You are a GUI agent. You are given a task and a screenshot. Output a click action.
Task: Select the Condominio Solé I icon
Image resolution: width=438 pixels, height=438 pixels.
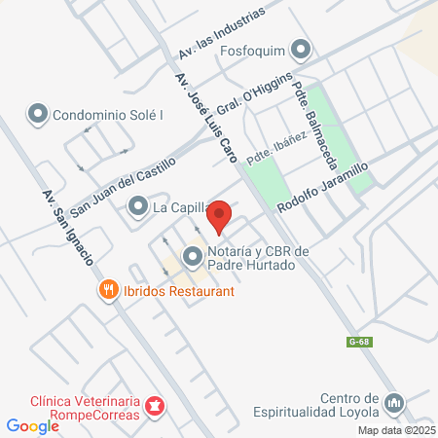point(39,114)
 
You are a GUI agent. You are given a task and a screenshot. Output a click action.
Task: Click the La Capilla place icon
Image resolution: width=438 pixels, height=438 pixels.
point(138,205)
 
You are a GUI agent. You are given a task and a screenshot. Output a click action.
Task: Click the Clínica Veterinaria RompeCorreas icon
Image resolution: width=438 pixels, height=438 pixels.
point(153,406)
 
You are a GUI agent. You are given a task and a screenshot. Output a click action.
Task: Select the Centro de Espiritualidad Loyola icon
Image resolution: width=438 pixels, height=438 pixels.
point(394,402)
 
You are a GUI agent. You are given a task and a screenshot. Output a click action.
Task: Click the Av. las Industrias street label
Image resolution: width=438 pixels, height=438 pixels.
point(222,35)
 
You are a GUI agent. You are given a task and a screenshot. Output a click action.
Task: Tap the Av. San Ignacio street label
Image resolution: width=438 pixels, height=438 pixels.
point(68,228)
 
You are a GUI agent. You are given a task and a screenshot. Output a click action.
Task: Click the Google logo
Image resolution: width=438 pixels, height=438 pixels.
point(32,425)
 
